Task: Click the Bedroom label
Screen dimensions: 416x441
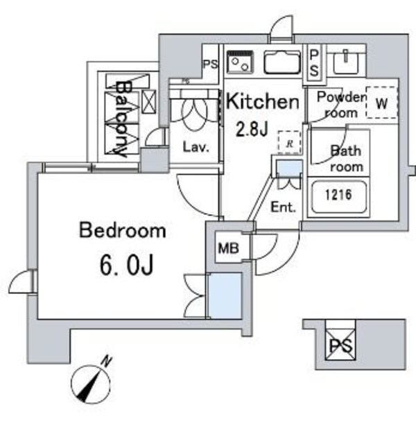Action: (123, 231)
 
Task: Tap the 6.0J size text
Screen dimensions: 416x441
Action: (127, 266)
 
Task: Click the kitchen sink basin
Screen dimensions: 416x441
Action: (282, 62)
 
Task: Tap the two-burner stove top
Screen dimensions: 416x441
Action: (240, 62)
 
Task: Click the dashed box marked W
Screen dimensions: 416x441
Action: (382, 103)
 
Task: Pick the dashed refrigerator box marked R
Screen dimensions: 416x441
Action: (289, 142)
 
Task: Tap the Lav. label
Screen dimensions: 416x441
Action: (196, 147)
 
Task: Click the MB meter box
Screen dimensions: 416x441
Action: (229, 248)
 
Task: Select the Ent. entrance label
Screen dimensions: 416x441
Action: (284, 207)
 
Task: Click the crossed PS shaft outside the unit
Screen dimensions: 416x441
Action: (340, 345)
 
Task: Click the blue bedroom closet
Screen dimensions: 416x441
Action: (225, 295)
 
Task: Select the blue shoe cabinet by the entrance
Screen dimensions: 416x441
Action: (289, 168)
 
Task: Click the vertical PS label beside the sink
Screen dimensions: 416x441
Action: (314, 64)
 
